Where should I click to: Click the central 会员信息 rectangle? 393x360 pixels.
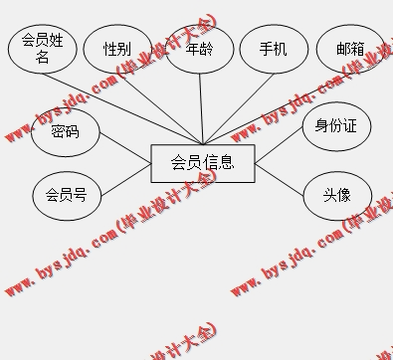(x=203, y=163)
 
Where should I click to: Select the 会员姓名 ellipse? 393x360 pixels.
(x=43, y=48)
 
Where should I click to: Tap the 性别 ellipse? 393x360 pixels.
(x=117, y=49)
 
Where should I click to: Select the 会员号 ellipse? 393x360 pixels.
(x=67, y=195)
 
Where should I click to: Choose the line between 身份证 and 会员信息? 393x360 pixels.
(x=281, y=147)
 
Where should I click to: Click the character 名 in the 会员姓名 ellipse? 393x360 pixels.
(x=43, y=58)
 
